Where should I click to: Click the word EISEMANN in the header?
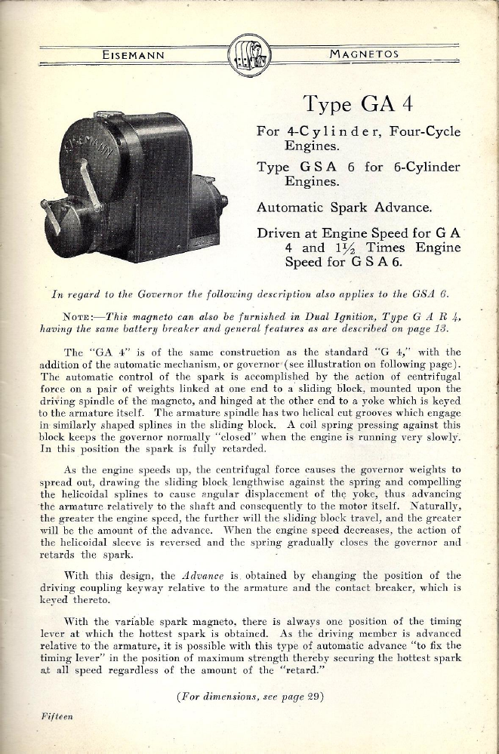click(134, 54)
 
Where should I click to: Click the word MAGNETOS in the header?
click(364, 54)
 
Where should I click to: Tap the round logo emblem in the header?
click(248, 54)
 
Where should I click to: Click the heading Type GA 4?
click(358, 102)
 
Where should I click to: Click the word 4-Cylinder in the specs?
click(323, 131)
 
